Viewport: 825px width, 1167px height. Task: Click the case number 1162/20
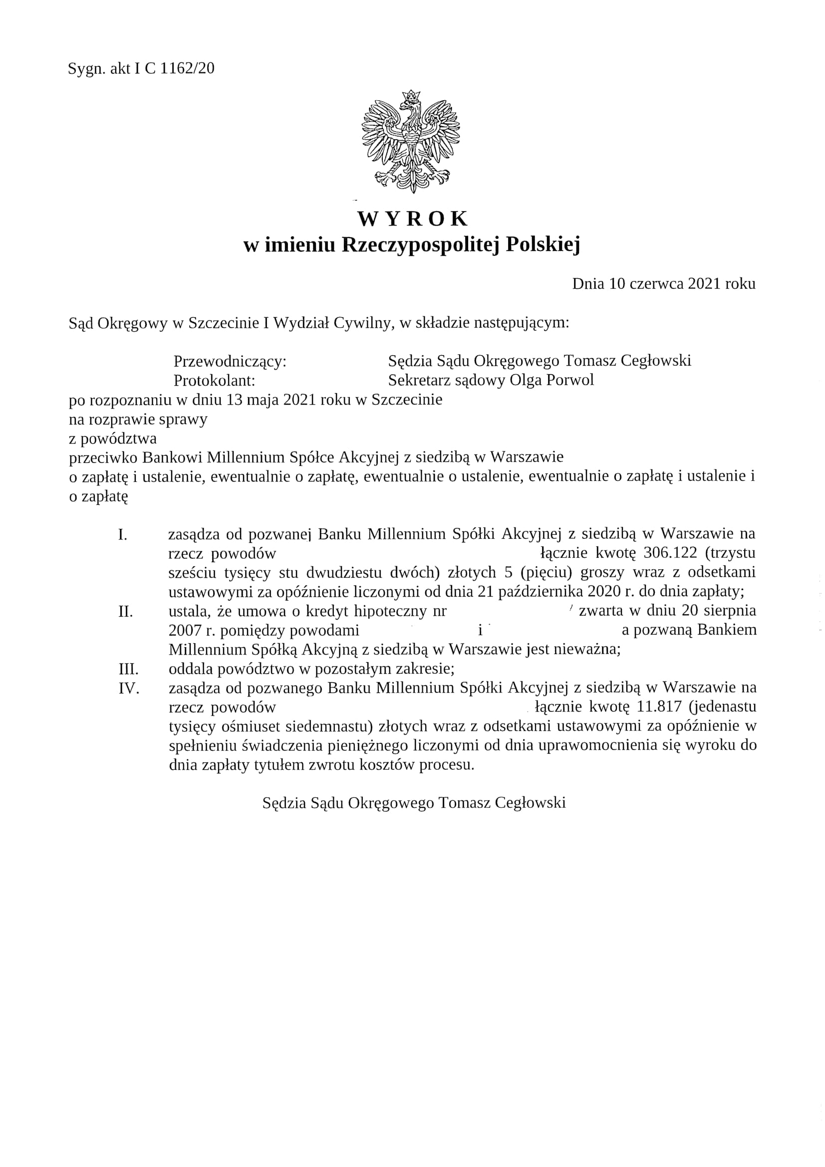click(x=187, y=68)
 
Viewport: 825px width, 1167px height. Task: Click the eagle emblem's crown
click(x=411, y=95)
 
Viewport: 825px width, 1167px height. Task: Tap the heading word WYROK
click(x=412, y=219)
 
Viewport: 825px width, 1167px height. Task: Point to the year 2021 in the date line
click(x=704, y=283)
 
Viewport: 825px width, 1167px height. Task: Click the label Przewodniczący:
click(x=230, y=361)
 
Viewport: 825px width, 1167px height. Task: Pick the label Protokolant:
click(x=214, y=380)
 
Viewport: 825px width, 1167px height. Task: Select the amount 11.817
click(x=658, y=706)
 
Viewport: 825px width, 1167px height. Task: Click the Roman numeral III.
click(x=128, y=669)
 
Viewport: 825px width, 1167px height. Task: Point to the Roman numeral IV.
click(x=129, y=688)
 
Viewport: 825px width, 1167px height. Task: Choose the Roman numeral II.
click(x=126, y=611)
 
